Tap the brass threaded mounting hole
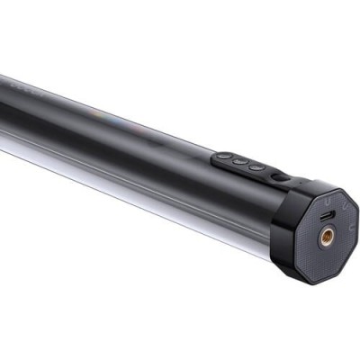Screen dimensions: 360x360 pos(326,236)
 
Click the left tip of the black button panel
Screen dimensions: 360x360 pos(215,157)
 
